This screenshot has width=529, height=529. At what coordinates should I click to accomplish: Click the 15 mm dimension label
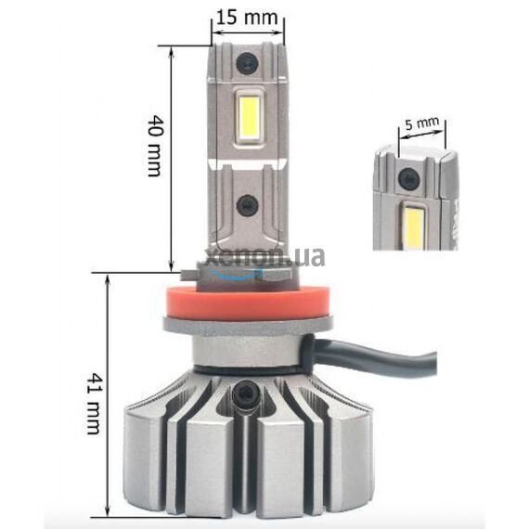(246, 17)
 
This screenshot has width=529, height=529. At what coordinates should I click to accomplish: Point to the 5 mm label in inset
(422, 123)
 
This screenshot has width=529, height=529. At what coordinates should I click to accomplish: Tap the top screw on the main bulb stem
(247, 64)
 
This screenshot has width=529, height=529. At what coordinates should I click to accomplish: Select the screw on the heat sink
(246, 394)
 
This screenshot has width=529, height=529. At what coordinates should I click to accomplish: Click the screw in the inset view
(407, 176)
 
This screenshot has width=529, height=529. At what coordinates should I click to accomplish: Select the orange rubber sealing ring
(245, 300)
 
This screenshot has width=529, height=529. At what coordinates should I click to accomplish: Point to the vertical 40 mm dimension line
(171, 158)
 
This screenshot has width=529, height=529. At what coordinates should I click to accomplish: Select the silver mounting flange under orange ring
(245, 325)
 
